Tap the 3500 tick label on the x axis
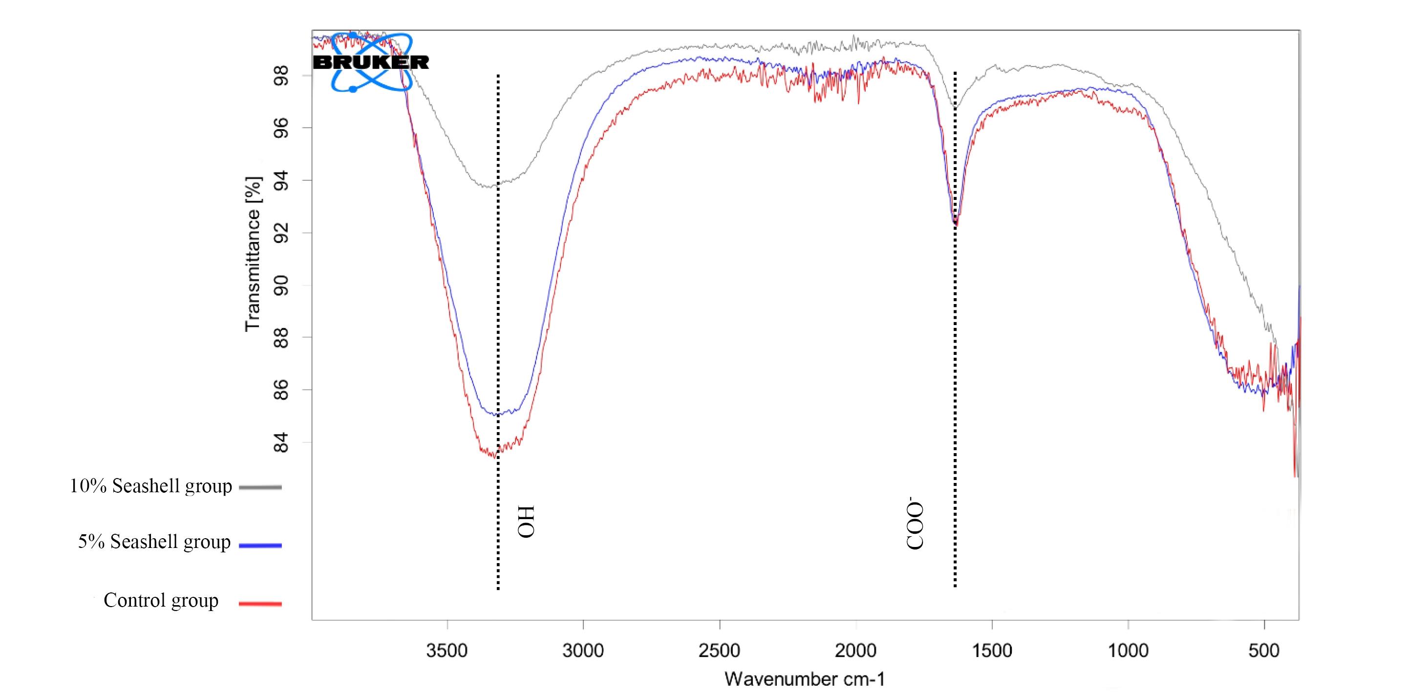(447, 651)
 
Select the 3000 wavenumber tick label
(583, 651)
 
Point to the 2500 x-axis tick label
(719, 651)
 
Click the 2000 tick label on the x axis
(855, 651)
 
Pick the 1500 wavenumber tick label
(992, 651)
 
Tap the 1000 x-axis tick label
(1128, 651)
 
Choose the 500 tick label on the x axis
(1264, 651)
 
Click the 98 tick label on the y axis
(281, 75)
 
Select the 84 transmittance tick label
(281, 443)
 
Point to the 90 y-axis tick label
(281, 285)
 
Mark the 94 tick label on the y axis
(281, 180)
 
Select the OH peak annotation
(526, 522)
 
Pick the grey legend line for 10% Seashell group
(260, 487)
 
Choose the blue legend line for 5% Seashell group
(260, 545)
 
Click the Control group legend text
(161, 600)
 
